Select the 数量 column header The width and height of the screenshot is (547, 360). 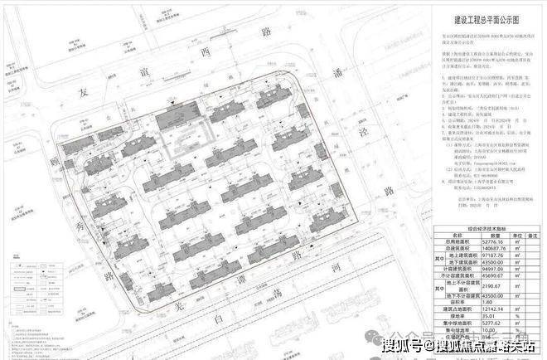472,235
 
